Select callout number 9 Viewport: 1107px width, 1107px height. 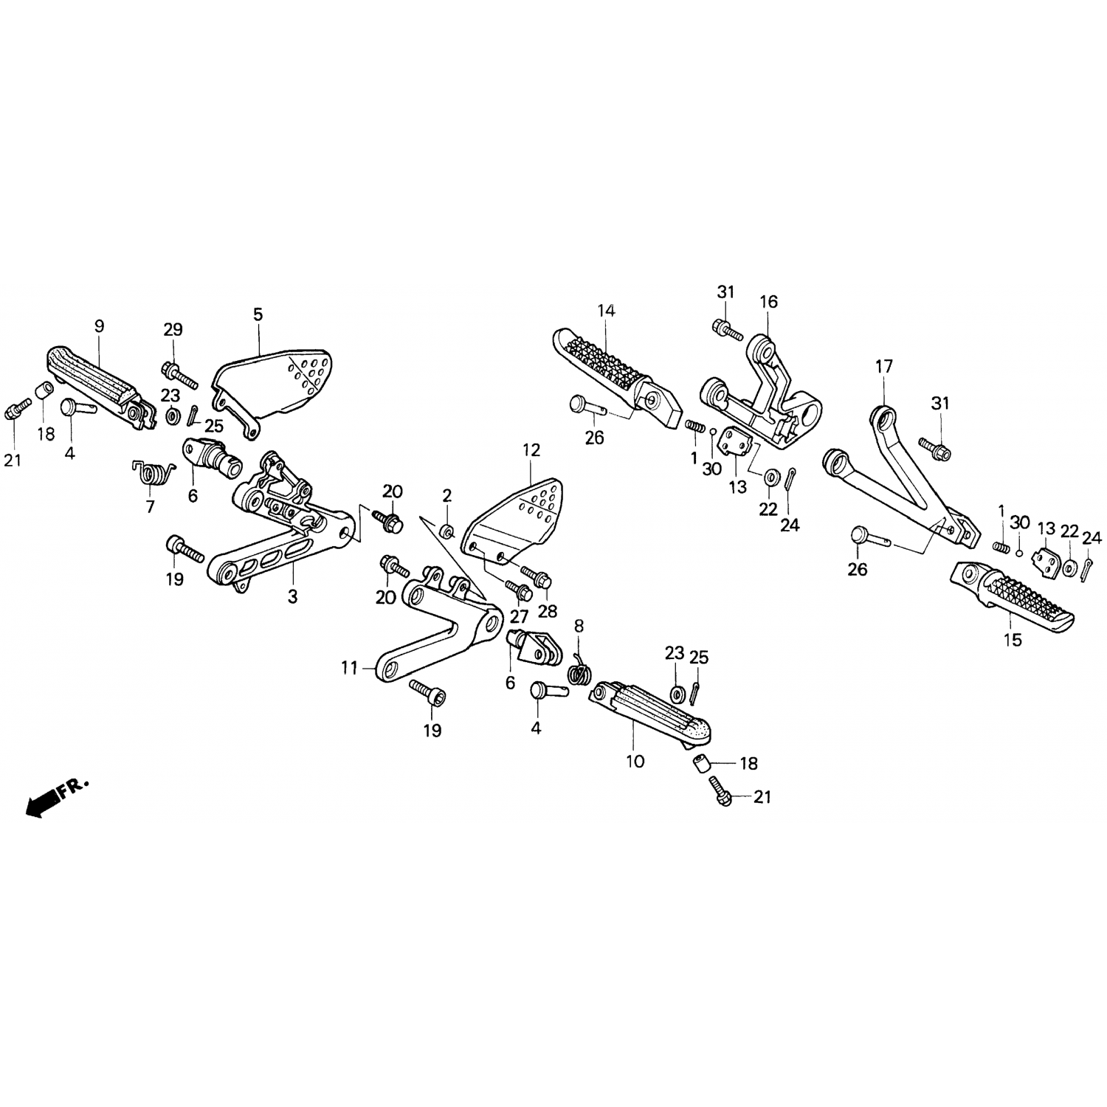(x=99, y=325)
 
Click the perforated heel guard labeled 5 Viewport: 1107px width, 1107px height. (x=275, y=389)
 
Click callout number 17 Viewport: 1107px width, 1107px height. (x=884, y=366)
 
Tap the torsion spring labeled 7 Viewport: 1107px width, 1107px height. (x=154, y=474)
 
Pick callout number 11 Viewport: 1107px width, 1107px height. (x=349, y=669)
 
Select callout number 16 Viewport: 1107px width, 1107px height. (x=768, y=301)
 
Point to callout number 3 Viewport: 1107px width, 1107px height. (x=292, y=596)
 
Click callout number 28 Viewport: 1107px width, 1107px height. (x=548, y=611)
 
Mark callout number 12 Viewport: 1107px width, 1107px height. (x=531, y=450)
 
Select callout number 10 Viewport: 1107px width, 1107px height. (x=635, y=761)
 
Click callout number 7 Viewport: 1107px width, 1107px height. (x=151, y=507)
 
